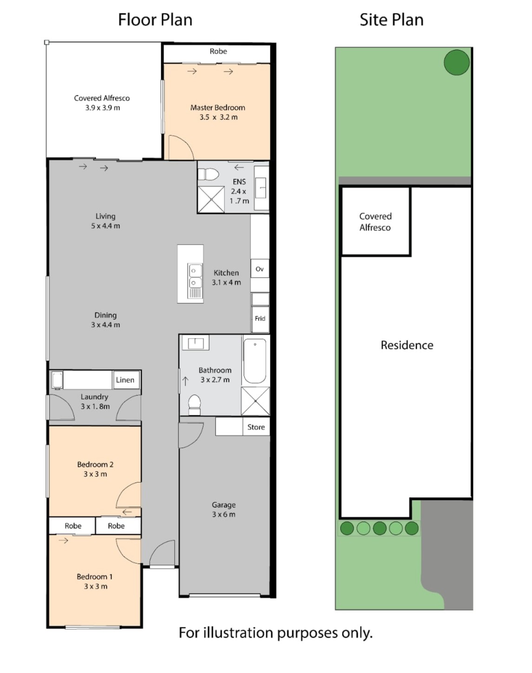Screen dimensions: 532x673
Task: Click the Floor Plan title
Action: coord(155,20)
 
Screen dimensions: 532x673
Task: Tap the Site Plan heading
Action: coord(391,20)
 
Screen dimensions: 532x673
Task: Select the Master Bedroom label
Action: coord(218,107)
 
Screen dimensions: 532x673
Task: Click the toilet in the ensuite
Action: coord(209,174)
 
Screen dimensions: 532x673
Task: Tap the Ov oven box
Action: coord(260,268)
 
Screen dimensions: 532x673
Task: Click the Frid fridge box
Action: coord(260,319)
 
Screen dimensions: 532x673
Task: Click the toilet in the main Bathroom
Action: coord(194,404)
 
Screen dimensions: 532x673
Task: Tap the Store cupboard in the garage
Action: coord(256,427)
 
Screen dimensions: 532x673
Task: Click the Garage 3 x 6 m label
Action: coord(223,509)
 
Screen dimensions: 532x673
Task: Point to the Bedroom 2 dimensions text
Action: coord(95,474)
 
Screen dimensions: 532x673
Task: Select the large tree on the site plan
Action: coord(457,62)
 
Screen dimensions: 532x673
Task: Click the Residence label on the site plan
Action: coord(407,345)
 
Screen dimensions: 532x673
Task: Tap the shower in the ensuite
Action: coord(211,200)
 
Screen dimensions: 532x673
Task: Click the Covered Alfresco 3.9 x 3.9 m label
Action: coord(102,103)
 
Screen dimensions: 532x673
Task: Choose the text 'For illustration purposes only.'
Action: coord(276,633)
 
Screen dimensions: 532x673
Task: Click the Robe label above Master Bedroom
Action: coord(218,51)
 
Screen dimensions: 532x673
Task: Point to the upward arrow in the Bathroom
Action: coord(185,381)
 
